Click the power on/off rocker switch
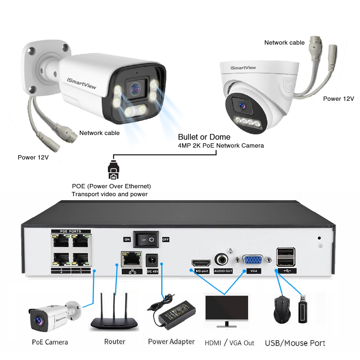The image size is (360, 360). [x=146, y=239]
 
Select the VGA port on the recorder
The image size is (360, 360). [x=253, y=261]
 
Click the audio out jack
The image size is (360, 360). [x=223, y=260]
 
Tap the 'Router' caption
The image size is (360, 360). [x=114, y=341]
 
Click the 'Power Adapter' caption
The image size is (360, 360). [x=171, y=342]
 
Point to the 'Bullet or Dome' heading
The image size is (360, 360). [x=204, y=137]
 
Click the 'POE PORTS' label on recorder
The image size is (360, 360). [x=71, y=231]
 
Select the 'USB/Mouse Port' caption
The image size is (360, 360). [x=295, y=343]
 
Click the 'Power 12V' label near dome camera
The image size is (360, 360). [x=338, y=99]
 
